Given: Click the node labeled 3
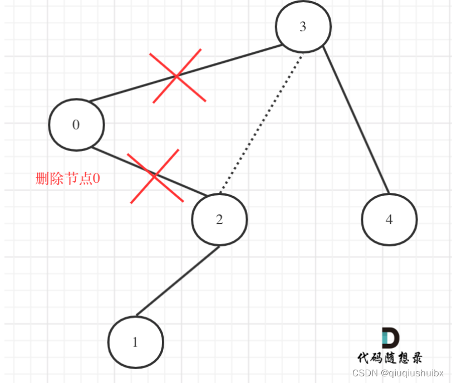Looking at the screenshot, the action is coord(303,27).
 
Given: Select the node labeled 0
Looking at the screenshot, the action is coord(76,125).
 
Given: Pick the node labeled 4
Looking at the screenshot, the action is coord(389,219).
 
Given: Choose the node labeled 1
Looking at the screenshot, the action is coord(135,342).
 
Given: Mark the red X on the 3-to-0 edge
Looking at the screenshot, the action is coord(177,76).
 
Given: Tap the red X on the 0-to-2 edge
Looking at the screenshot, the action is coord(155,176).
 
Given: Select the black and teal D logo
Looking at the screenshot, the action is coord(390,338).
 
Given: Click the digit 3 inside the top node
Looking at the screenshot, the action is coord(303,27).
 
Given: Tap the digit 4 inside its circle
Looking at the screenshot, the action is coord(389,219).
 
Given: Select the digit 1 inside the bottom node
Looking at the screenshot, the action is coord(135,342).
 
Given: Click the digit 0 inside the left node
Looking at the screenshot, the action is coord(76,125).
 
